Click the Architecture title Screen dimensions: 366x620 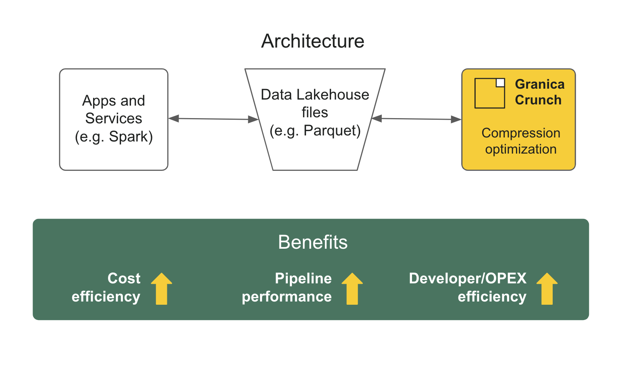coord(312,41)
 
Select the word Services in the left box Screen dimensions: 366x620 coord(114,119)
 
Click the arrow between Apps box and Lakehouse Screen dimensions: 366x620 coord(213,119)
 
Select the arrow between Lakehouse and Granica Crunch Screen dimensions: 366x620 coord(416,119)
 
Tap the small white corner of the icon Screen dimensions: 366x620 coord(500,83)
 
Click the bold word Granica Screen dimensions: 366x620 coord(539,84)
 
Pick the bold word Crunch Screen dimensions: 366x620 coord(538,100)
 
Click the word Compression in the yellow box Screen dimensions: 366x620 coord(520,133)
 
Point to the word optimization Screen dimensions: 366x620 coord(520,149)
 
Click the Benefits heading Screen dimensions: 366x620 coord(312,242)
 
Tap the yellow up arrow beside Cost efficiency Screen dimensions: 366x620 coord(162,289)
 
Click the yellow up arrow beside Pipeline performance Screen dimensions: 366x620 coord(352,289)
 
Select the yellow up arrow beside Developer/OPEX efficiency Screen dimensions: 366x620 coord(547,289)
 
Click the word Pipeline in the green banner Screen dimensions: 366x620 coord(303,279)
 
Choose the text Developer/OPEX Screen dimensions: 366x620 coord(467,279)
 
